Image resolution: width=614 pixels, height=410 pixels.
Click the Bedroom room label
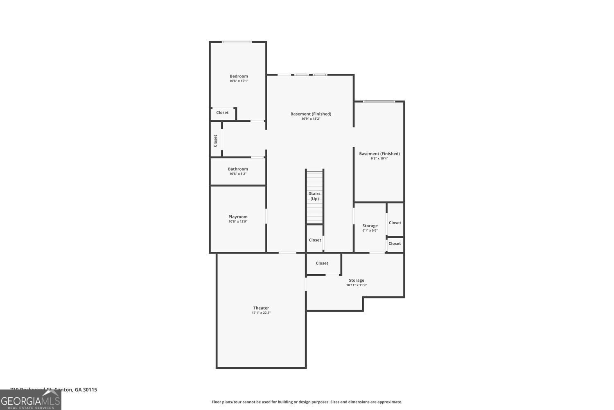pyautogui.click(x=239, y=76)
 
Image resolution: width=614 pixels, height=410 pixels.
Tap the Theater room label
pyautogui.click(x=261, y=308)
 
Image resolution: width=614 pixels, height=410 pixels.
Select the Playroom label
pyautogui.click(x=238, y=216)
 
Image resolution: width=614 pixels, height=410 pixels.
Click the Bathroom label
pyautogui.click(x=238, y=169)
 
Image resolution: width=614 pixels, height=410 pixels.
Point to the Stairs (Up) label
pyautogui.click(x=314, y=196)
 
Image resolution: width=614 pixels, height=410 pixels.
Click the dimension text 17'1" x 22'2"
pyautogui.click(x=261, y=313)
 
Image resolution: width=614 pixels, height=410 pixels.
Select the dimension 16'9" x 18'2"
pyautogui.click(x=311, y=119)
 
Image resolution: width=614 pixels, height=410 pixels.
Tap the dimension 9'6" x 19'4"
pyautogui.click(x=379, y=159)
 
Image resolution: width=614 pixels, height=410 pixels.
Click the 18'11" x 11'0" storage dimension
pyautogui.click(x=356, y=285)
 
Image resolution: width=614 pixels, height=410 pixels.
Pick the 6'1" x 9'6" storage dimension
pyautogui.click(x=370, y=230)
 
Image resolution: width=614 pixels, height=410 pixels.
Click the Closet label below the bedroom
pyautogui.click(x=222, y=113)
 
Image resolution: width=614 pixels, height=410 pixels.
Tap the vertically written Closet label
pyautogui.click(x=215, y=141)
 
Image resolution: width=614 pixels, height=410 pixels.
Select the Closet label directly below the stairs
pyautogui.click(x=315, y=240)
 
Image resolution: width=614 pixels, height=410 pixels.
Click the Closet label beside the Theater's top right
pyautogui.click(x=322, y=263)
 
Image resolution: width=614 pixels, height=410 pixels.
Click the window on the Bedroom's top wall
pyautogui.click(x=237, y=42)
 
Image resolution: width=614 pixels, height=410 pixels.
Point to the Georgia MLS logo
pyautogui.click(x=30, y=400)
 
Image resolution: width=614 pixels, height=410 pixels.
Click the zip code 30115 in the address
pyautogui.click(x=90, y=389)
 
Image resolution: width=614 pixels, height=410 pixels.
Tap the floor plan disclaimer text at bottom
pyautogui.click(x=307, y=402)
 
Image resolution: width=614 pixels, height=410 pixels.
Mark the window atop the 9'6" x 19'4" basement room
pyautogui.click(x=379, y=101)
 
